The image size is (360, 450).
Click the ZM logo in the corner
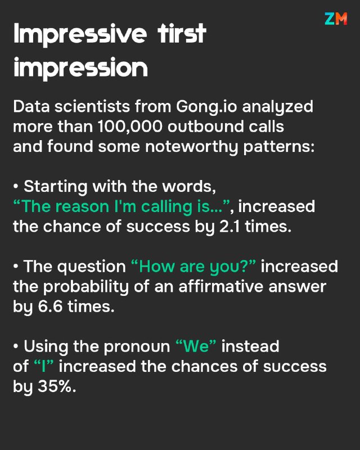pyautogui.click(x=336, y=19)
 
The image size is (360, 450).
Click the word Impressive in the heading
pyautogui.click(x=80, y=34)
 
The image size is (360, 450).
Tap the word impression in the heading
pyautogui.click(x=80, y=68)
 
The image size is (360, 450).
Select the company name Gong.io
pyautogui.click(x=206, y=107)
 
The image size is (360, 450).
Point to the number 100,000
pyautogui.click(x=130, y=127)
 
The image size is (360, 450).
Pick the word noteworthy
pyautogui.click(x=191, y=147)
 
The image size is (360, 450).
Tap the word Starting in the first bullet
pyautogui.click(x=56, y=187)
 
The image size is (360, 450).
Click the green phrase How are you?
pyautogui.click(x=193, y=267)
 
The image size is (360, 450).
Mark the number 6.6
pyautogui.click(x=50, y=307)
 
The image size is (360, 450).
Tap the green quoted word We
pyautogui.click(x=196, y=346)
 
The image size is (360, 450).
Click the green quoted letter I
pyautogui.click(x=44, y=367)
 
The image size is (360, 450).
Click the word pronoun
pyautogui.click(x=137, y=347)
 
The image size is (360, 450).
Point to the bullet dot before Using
pyautogui.click(x=16, y=346)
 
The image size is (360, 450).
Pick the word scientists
pyautogui.click(x=92, y=106)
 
